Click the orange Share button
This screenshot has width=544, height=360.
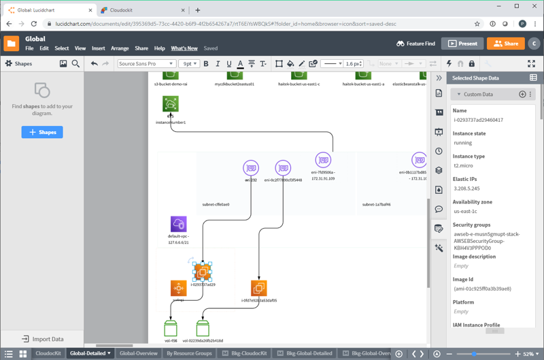[x=505, y=44]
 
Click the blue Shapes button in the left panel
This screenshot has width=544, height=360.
[x=42, y=132]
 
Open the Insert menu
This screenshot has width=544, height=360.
[x=98, y=48]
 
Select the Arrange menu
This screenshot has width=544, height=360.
[x=120, y=48]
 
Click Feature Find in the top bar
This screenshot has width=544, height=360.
[x=415, y=44]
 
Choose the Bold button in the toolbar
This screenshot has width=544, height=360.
[x=206, y=64]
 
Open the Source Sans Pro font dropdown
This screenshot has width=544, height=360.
[x=146, y=64]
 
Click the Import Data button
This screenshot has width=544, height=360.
[x=42, y=339]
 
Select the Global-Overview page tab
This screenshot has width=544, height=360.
[x=138, y=353]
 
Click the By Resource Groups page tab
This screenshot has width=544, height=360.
[x=189, y=353]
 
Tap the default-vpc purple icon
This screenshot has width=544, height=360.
[x=178, y=224]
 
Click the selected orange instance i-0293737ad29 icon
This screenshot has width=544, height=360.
[x=202, y=272]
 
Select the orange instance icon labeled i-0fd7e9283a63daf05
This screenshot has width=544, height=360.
[x=258, y=288]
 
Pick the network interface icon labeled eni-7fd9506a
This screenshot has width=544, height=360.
[x=323, y=160]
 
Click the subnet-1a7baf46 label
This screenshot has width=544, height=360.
[x=376, y=204]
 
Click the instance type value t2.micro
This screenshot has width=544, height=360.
[x=464, y=165]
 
